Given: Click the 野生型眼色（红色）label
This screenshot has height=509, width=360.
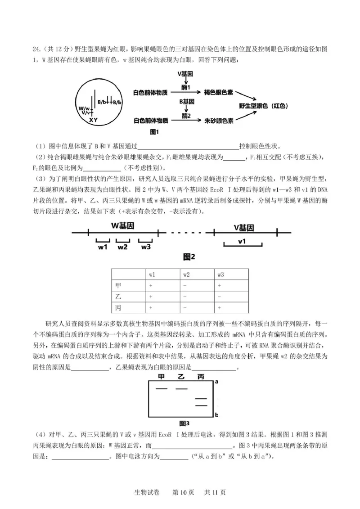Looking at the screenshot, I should [x=263, y=106].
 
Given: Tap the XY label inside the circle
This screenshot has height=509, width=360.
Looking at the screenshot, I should [x=93, y=120].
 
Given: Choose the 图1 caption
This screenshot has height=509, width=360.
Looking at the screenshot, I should [x=155, y=132].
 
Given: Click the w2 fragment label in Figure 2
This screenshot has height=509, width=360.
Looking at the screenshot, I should [x=122, y=247].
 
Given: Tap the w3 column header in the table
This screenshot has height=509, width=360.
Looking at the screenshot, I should [x=220, y=274].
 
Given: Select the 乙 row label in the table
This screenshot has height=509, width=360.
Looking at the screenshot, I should [x=118, y=297].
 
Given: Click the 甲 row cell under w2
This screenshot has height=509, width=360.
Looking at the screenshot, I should [x=184, y=286].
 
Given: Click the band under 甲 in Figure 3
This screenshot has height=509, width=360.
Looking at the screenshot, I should [x=162, y=388].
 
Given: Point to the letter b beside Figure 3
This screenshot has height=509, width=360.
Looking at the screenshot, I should [x=216, y=415].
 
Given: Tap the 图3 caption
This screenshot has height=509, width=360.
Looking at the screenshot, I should [x=184, y=423].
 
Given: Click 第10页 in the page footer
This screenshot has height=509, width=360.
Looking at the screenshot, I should [x=183, y=492].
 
